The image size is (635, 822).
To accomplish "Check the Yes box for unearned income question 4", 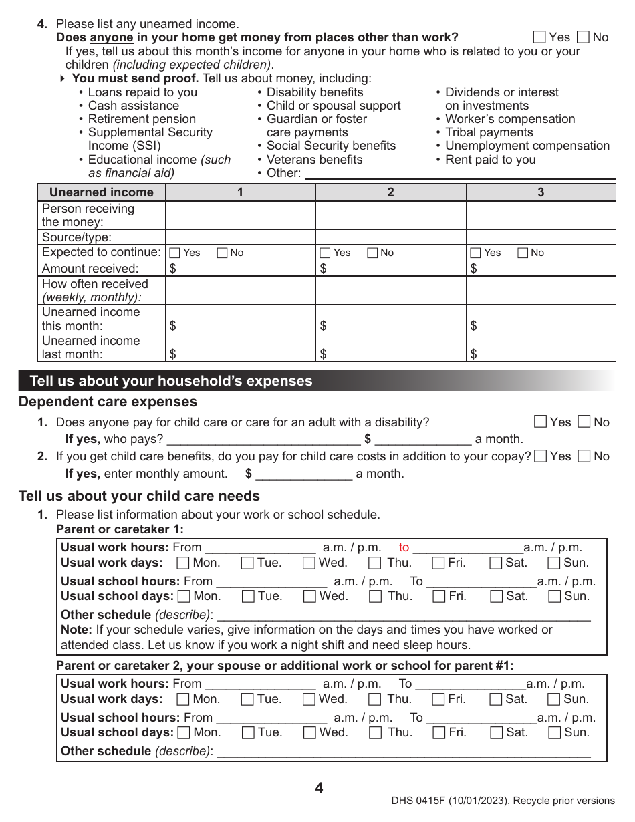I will [540, 37].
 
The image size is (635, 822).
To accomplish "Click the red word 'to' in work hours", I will [404, 547].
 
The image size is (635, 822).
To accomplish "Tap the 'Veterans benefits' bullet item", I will [314, 160].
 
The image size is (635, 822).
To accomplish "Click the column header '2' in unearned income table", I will [390, 192].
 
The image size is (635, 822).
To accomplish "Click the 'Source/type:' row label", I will [77, 237].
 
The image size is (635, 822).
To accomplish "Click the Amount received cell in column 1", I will [240, 269].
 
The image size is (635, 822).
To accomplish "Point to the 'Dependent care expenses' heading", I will [108, 402].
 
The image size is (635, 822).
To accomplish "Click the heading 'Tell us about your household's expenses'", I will [171, 381].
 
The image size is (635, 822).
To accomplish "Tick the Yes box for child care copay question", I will [541, 456].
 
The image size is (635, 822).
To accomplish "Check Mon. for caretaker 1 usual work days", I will [182, 563].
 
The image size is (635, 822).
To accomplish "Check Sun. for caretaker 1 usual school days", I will [554, 596].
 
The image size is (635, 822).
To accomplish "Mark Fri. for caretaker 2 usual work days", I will [438, 699].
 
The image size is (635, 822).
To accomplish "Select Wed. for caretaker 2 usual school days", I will [309, 732].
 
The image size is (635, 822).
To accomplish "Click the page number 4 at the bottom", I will [319, 788].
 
